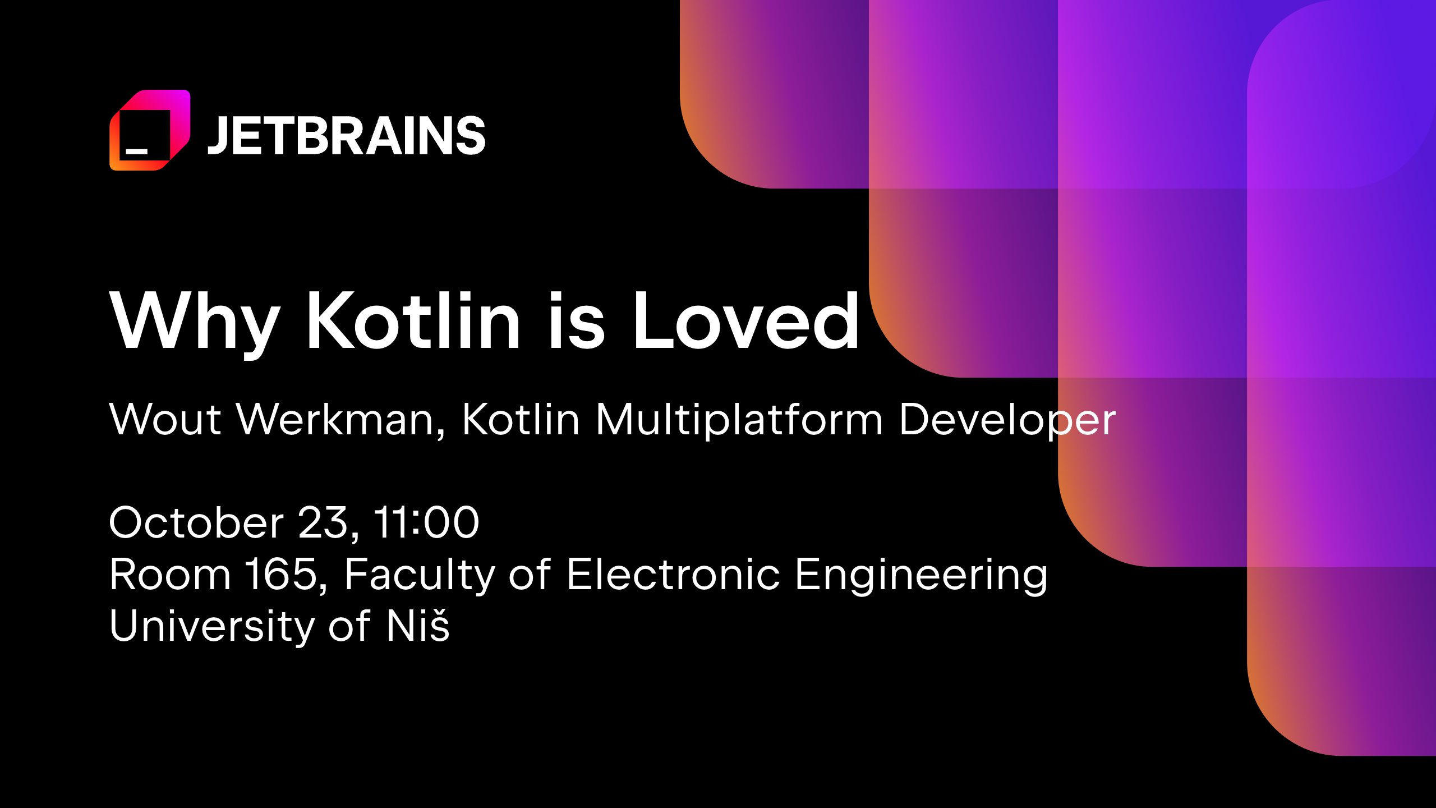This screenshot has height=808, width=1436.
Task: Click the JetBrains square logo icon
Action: [150, 130]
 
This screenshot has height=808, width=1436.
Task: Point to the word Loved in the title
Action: [747, 320]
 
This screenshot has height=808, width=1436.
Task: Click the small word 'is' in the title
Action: [577, 320]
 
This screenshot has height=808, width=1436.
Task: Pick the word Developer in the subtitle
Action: [1007, 420]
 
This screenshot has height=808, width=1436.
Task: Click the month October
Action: [196, 522]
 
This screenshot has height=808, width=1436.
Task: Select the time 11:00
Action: [426, 522]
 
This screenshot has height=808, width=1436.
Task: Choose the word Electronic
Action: [673, 574]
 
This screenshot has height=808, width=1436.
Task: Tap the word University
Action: [212, 627]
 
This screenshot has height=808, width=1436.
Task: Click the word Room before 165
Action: [170, 575]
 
